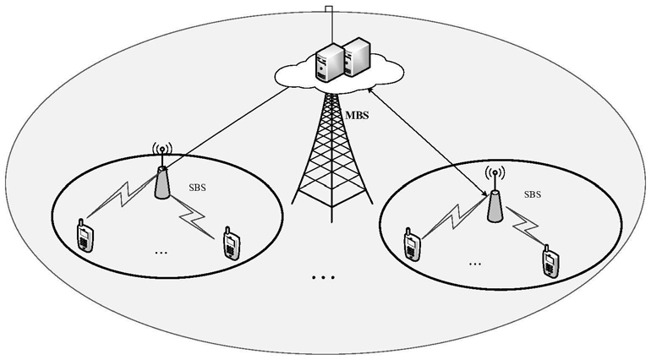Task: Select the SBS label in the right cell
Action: point(533,194)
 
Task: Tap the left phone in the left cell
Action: point(84,235)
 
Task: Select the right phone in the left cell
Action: point(230,243)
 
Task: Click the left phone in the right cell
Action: point(412,243)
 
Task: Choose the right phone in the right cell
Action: point(550,260)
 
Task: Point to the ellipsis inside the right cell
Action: point(475,263)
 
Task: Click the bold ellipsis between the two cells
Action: point(324,276)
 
